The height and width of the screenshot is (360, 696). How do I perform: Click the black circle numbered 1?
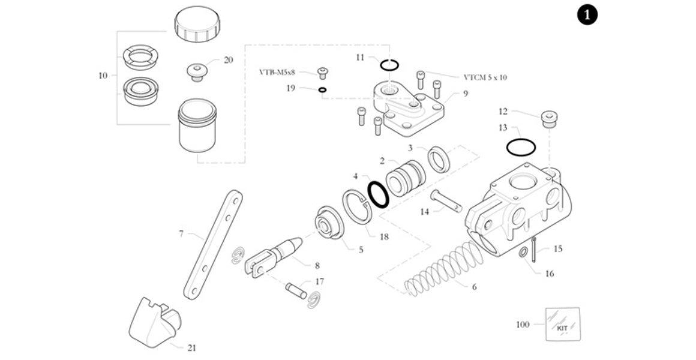587,15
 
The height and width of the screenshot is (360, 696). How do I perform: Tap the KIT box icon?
562,324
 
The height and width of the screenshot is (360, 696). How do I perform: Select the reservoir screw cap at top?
197,24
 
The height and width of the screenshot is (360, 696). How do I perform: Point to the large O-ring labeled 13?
521,146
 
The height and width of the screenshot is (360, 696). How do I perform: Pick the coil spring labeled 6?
444,268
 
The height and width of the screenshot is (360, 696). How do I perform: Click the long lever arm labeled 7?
214,244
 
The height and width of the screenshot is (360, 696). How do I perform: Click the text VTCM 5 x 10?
490,77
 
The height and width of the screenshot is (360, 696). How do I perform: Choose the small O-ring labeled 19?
323,90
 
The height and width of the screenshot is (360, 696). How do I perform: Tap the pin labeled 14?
446,201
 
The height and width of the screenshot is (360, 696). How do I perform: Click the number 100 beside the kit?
523,325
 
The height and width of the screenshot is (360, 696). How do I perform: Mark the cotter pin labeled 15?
533,250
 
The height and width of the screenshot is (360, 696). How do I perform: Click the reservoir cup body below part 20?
197,127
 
